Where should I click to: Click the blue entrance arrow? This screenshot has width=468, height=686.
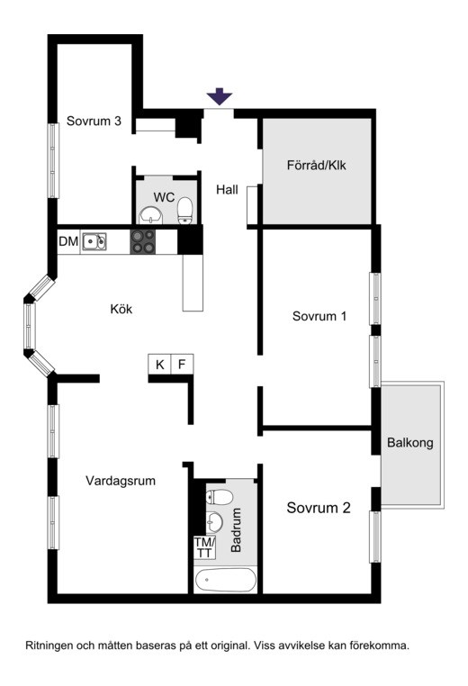(x=219, y=96)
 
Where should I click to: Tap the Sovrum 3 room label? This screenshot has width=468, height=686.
(x=94, y=121)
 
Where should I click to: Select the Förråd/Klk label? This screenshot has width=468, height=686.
(x=316, y=166)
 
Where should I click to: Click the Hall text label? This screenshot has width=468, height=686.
(x=227, y=189)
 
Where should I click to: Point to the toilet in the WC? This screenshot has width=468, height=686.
(x=185, y=211)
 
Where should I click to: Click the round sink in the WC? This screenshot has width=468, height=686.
(x=150, y=215)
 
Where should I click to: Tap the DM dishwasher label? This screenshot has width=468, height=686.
(x=68, y=241)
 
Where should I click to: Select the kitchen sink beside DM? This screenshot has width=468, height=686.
(x=94, y=241)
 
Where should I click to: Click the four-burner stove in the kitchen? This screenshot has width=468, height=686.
(x=143, y=241)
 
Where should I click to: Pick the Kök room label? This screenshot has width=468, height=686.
(x=121, y=309)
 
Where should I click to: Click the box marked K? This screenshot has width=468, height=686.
(x=159, y=364)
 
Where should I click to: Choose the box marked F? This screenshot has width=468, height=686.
(x=182, y=364)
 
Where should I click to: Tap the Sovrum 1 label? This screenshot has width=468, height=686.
(x=319, y=316)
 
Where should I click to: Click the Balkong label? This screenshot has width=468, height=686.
(x=409, y=442)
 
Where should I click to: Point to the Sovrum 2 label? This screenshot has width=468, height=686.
(x=319, y=508)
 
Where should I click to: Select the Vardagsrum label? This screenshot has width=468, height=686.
(x=121, y=481)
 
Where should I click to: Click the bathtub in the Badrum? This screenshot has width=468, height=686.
(x=225, y=580)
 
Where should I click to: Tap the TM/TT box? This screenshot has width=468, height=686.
(x=204, y=547)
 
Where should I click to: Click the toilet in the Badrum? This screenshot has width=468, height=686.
(x=219, y=498)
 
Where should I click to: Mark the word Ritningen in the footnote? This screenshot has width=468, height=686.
(x=49, y=645)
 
